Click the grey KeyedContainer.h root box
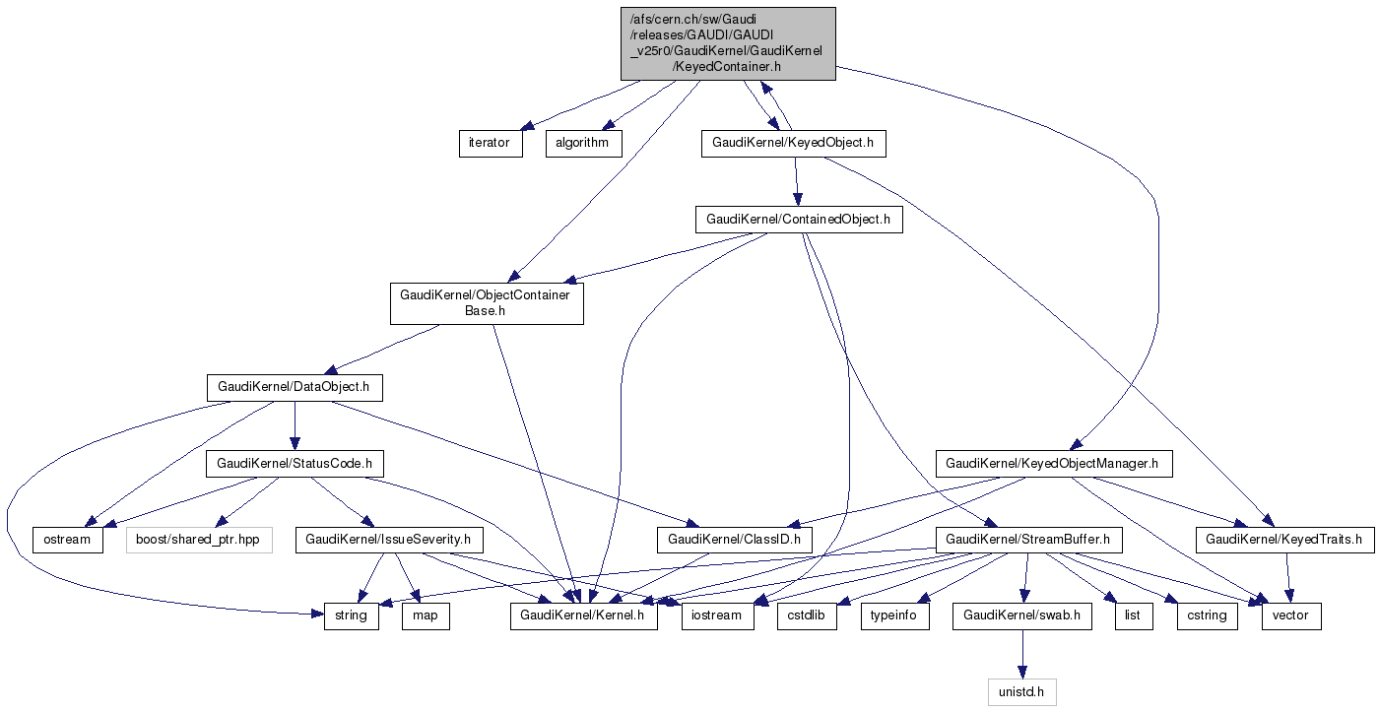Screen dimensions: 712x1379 (x=728, y=43)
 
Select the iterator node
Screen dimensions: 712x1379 (x=489, y=143)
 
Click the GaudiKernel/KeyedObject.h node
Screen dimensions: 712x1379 (x=793, y=143)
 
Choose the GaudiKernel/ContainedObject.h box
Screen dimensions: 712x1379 (x=798, y=219)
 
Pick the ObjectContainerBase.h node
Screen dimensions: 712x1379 (x=487, y=303)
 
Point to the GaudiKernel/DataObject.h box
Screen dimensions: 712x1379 (x=294, y=387)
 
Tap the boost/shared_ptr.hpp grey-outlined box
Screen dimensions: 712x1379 (x=199, y=539)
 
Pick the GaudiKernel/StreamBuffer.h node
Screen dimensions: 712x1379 (x=1027, y=539)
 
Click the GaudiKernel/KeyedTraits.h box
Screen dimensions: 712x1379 (x=1284, y=539)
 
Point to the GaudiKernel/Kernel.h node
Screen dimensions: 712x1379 (x=583, y=615)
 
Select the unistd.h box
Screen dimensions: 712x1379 (x=1021, y=692)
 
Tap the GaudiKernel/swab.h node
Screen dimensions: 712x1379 (x=1021, y=615)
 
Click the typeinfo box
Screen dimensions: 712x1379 (x=894, y=615)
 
